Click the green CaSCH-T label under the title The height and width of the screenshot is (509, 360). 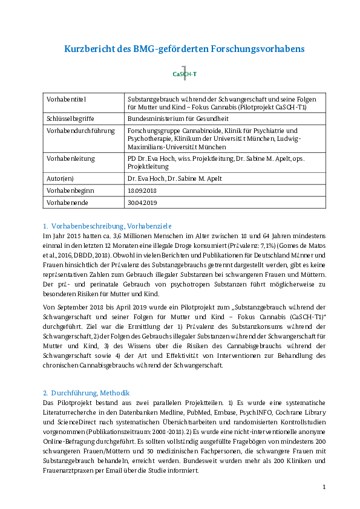click(x=185, y=74)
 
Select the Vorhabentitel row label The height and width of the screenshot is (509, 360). click(x=67, y=99)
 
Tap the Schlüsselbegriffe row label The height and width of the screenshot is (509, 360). click(x=70, y=119)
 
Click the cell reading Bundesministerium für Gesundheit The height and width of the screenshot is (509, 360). click(x=178, y=119)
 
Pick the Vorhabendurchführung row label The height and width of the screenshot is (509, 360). click(x=80, y=131)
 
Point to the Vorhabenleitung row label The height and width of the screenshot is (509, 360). click(x=71, y=159)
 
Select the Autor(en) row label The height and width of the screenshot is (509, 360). click(x=60, y=178)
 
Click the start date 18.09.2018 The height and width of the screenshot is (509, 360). click(x=142, y=191)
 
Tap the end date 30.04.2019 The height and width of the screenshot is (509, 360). click(x=142, y=203)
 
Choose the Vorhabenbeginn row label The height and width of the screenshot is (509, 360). click(x=70, y=191)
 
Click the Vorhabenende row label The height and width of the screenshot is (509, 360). click(x=67, y=203)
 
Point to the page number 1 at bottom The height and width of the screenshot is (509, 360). click(x=324, y=487)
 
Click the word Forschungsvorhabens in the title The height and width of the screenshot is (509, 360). click(x=258, y=49)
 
